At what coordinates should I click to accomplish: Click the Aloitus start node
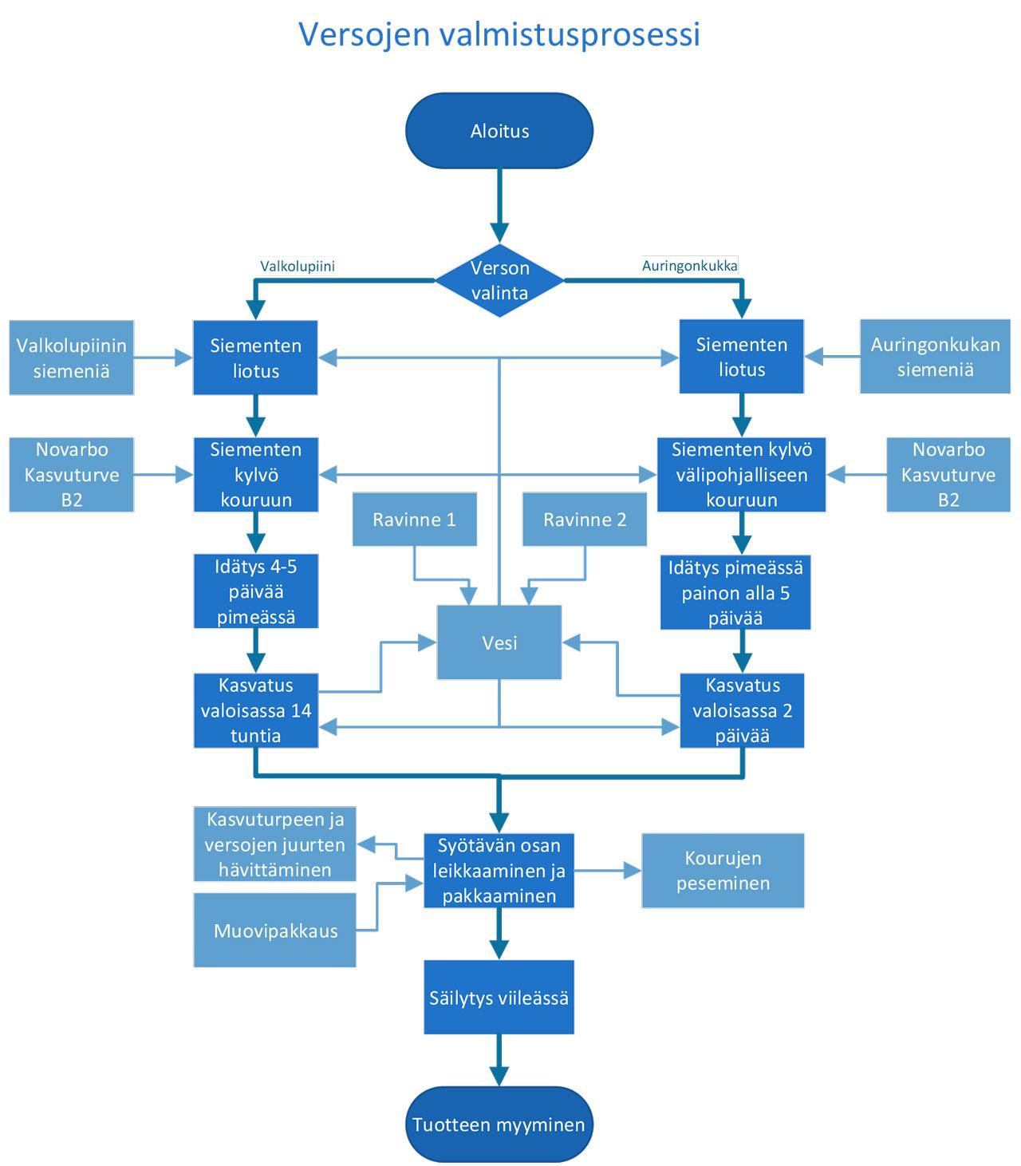[499, 131]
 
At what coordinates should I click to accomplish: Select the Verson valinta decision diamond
[499, 280]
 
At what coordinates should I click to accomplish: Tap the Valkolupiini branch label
[298, 267]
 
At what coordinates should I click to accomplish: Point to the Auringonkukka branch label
[690, 266]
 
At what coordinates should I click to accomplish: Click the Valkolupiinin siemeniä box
[71, 358]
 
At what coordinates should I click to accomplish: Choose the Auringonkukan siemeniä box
[935, 357]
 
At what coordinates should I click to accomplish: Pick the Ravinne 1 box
[414, 520]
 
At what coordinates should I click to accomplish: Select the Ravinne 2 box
[585, 520]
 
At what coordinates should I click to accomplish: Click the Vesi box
[499, 642]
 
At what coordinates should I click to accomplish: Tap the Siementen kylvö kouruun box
[255, 474]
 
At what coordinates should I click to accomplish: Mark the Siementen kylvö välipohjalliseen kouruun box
[741, 474]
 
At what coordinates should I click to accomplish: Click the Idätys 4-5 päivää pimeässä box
[255, 591]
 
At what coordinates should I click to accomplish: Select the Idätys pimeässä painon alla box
[735, 592]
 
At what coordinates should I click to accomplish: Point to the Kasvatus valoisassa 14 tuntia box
[255, 710]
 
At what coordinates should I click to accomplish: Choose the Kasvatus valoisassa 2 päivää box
[742, 710]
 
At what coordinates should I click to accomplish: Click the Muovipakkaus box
[275, 931]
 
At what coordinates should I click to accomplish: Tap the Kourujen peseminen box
[723, 871]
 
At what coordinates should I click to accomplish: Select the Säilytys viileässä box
[499, 998]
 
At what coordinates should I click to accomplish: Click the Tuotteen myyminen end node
[499, 1124]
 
